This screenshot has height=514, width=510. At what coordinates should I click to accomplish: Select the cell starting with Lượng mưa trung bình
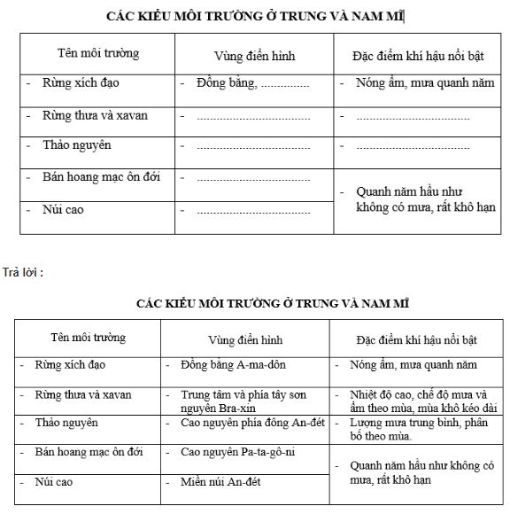pyautogui.click(x=410, y=430)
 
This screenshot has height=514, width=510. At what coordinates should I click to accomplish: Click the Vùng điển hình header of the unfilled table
pyautogui.click(x=255, y=56)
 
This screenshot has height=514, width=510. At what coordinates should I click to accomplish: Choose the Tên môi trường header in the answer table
pyautogui.click(x=88, y=338)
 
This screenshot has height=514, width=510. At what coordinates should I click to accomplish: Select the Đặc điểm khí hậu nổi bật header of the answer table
pyautogui.click(x=416, y=339)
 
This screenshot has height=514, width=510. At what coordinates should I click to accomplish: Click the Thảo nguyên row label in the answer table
pyautogui.click(x=66, y=423)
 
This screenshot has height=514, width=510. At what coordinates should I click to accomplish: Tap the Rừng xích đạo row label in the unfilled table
pyautogui.click(x=81, y=83)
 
